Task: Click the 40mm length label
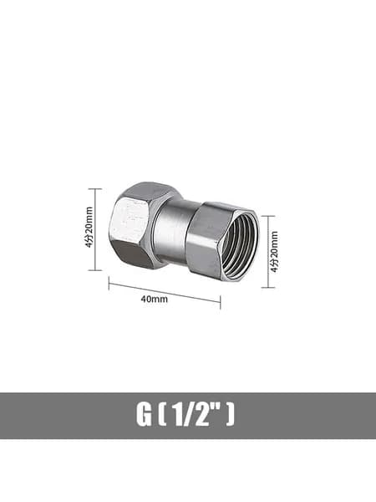click(154, 299)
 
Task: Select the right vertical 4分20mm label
click(274, 252)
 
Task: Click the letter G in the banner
click(144, 415)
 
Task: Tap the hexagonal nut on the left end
click(135, 225)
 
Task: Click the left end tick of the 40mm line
click(109, 283)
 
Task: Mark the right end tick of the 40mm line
click(221, 302)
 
